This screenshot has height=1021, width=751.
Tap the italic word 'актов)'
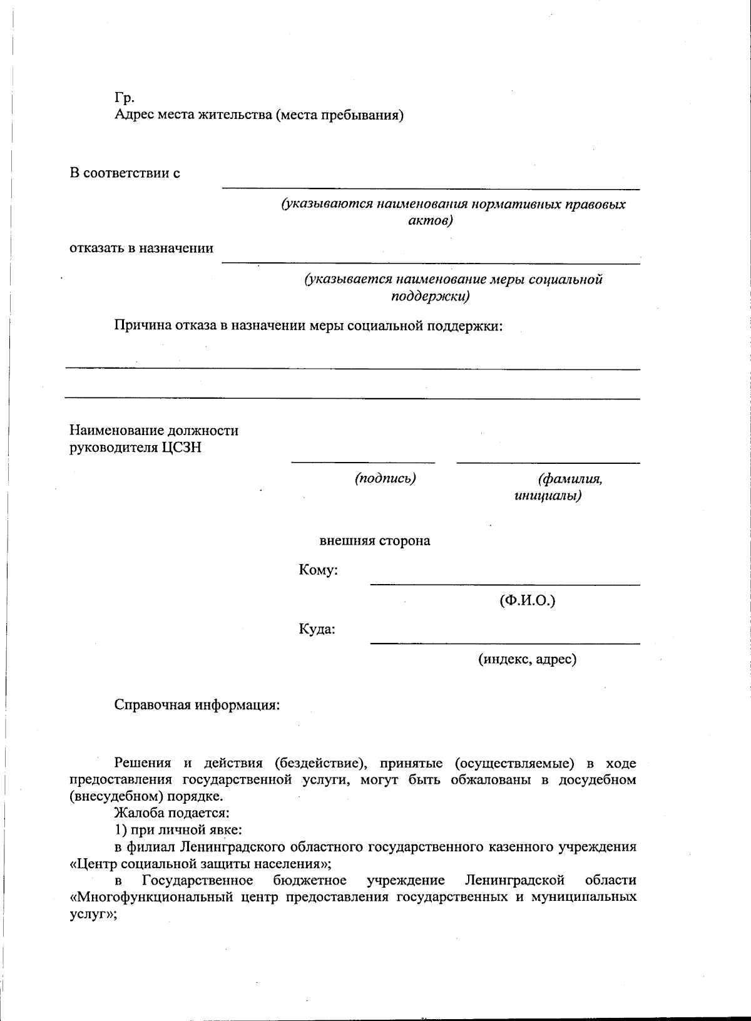[x=430, y=221]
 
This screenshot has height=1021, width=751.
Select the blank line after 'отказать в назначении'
[x=431, y=264]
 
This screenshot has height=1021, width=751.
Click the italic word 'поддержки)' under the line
[x=430, y=295]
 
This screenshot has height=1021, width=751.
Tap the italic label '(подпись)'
[x=385, y=479]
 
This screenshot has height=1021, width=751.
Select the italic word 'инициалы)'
[x=548, y=496]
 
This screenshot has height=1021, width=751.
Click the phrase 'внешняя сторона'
[x=374, y=541]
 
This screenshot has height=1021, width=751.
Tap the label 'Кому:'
[x=319, y=570]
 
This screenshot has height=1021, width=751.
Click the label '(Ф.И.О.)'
[x=527, y=601]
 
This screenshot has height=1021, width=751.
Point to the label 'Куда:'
[x=317, y=629]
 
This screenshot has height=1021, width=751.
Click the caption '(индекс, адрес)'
[x=527, y=659]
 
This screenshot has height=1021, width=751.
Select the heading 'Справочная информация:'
[x=197, y=705]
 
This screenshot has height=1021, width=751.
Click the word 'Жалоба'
[x=137, y=813]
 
